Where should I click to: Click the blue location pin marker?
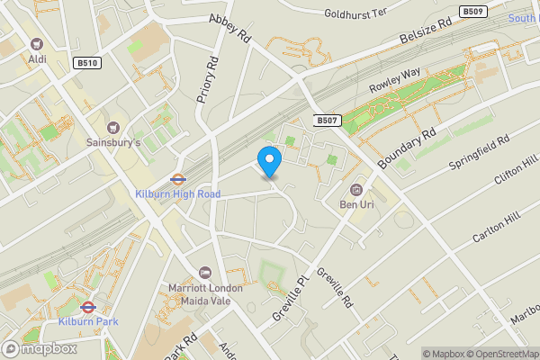click(x=269, y=161)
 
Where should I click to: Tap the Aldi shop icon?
click(x=37, y=43)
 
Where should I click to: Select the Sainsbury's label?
click(x=112, y=142)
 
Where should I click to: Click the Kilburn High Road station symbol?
click(x=177, y=178)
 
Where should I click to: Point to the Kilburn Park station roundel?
click(x=87, y=306)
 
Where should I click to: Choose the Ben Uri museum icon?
click(x=356, y=189)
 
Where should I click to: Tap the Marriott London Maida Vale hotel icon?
click(x=205, y=273)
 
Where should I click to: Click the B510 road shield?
click(x=86, y=63)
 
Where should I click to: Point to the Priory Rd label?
click(x=208, y=79)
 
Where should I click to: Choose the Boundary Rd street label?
click(x=406, y=145)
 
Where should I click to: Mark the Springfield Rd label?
click(x=479, y=154)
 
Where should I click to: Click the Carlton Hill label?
click(x=496, y=229)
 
